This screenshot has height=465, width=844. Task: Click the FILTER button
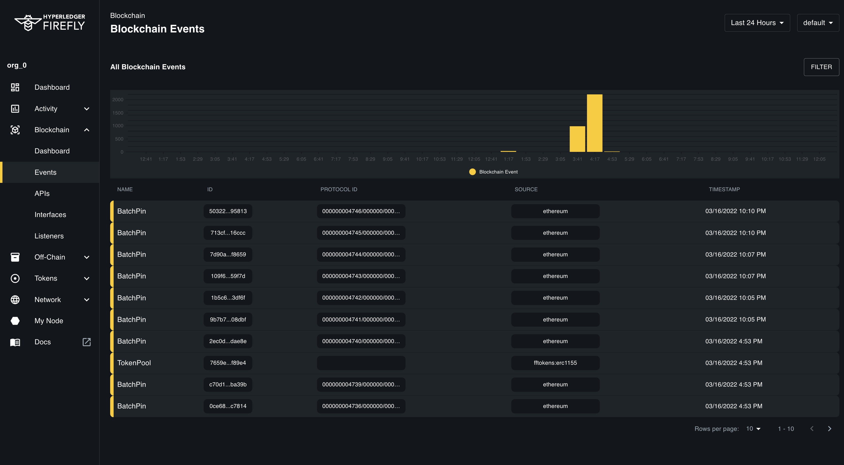pyautogui.click(x=821, y=67)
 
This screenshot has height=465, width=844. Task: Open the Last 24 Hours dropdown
pyautogui.click(x=757, y=23)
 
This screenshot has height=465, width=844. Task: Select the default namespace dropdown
pyautogui.click(x=817, y=23)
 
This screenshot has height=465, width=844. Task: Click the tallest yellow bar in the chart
pyautogui.click(x=594, y=123)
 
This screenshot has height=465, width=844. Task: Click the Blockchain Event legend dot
pyautogui.click(x=472, y=172)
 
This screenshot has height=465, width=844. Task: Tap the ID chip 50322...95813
pyautogui.click(x=228, y=211)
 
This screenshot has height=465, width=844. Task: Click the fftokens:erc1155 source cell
pyautogui.click(x=555, y=363)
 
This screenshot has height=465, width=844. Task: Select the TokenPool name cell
pyautogui.click(x=134, y=363)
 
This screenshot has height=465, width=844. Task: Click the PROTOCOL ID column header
pyautogui.click(x=338, y=189)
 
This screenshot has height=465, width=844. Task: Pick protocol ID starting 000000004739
pyautogui.click(x=361, y=384)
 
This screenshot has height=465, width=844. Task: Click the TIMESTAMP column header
pyautogui.click(x=724, y=189)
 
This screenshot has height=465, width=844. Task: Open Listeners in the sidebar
pyautogui.click(x=49, y=236)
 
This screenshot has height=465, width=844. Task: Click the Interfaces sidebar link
pyautogui.click(x=50, y=215)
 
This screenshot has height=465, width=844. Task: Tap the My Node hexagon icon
pyautogui.click(x=15, y=320)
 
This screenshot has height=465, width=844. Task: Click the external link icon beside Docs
pyautogui.click(x=87, y=342)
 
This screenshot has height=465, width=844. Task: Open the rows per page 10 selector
pyautogui.click(x=753, y=429)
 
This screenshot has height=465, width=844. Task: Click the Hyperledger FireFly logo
pyautogui.click(x=50, y=23)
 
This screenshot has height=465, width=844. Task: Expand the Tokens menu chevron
pyautogui.click(x=87, y=278)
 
